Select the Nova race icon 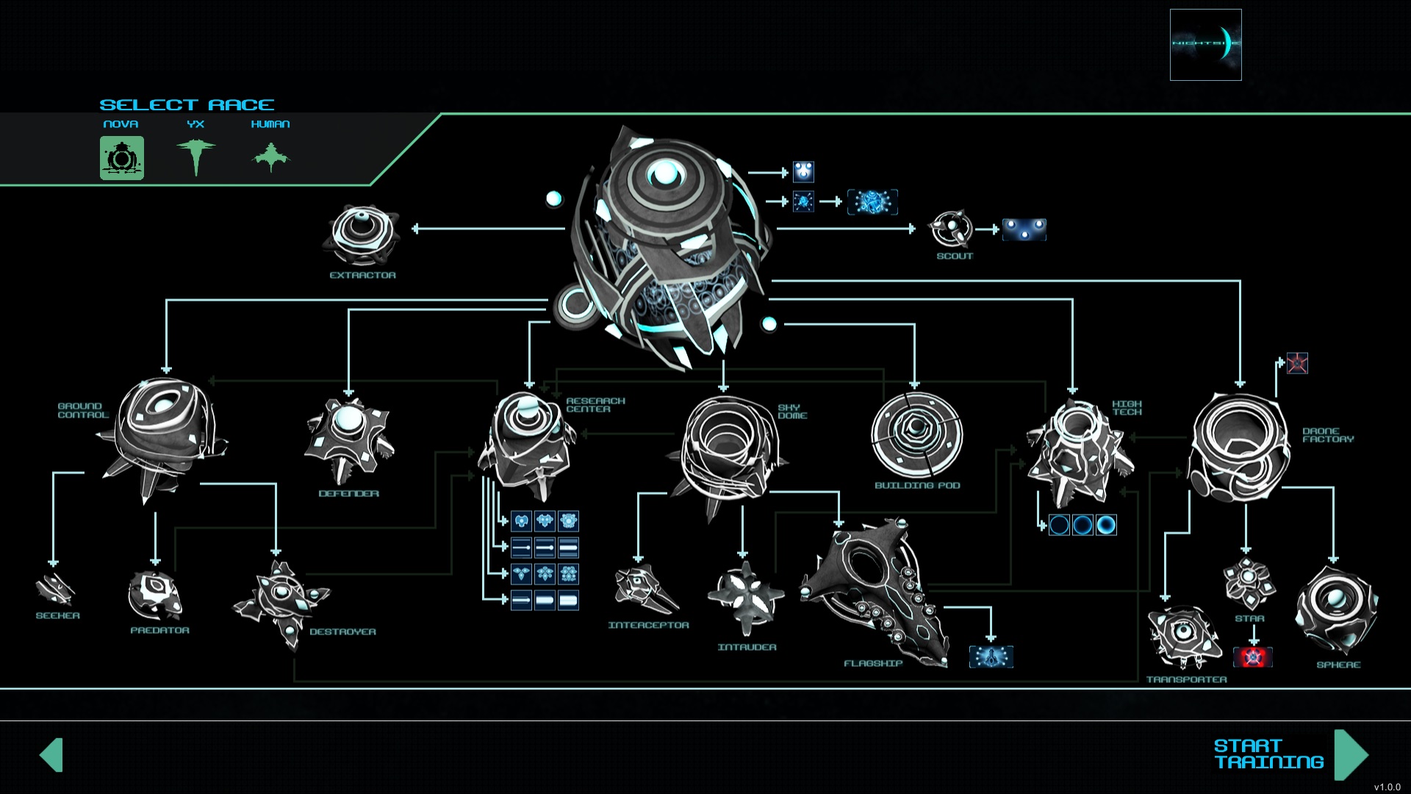[x=122, y=157]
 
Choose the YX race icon [x=195, y=156]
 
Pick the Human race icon [x=270, y=157]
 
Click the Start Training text [x=1268, y=754]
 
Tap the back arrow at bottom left [x=51, y=754]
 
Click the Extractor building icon [x=362, y=235]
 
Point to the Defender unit [x=348, y=437]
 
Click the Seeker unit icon [x=55, y=589]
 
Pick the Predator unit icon [x=155, y=595]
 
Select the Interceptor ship [x=645, y=589]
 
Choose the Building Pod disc [x=916, y=434]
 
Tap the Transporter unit [x=1184, y=635]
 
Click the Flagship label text [x=872, y=663]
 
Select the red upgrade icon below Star [x=1253, y=657]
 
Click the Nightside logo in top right [x=1205, y=44]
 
